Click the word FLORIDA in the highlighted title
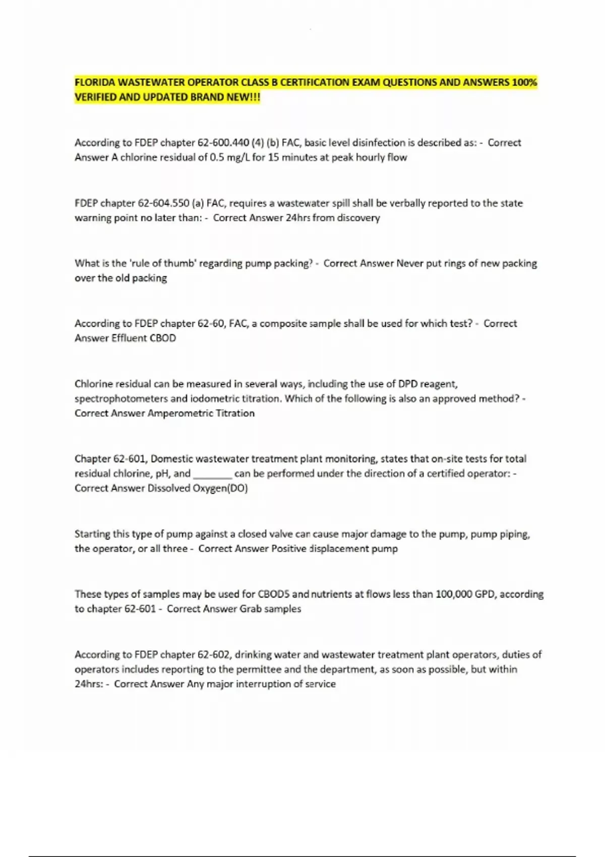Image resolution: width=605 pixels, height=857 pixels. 95,82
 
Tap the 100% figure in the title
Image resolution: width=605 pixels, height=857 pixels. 524,82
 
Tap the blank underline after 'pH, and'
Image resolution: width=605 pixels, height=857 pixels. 212,474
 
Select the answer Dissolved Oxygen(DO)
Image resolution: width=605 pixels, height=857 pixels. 197,488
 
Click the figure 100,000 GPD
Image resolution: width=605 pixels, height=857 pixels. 465,594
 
